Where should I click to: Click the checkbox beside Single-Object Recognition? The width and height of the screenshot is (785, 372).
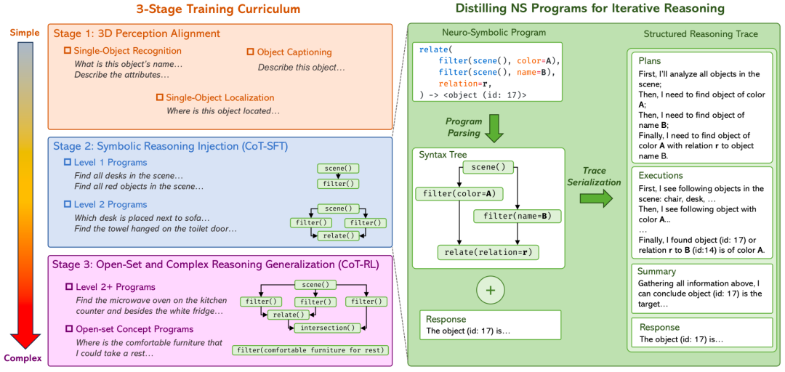click(x=68, y=51)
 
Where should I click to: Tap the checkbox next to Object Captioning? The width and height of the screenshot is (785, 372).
click(x=251, y=52)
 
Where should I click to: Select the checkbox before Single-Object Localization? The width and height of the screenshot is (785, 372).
click(x=160, y=97)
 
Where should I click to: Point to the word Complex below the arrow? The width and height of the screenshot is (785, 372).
click(x=20, y=358)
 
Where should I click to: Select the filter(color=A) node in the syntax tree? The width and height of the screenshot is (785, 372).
click(x=458, y=194)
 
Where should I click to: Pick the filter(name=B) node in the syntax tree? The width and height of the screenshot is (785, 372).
click(x=516, y=217)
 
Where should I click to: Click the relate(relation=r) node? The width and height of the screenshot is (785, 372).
click(x=488, y=252)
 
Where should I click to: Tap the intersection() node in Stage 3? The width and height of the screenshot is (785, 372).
click(x=327, y=328)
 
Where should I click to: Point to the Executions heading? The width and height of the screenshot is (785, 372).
click(x=660, y=176)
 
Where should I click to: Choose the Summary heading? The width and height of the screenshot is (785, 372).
click(x=657, y=271)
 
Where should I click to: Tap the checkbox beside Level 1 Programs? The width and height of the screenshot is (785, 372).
click(x=68, y=163)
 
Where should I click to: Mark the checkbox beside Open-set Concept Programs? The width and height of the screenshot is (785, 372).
click(x=69, y=329)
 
